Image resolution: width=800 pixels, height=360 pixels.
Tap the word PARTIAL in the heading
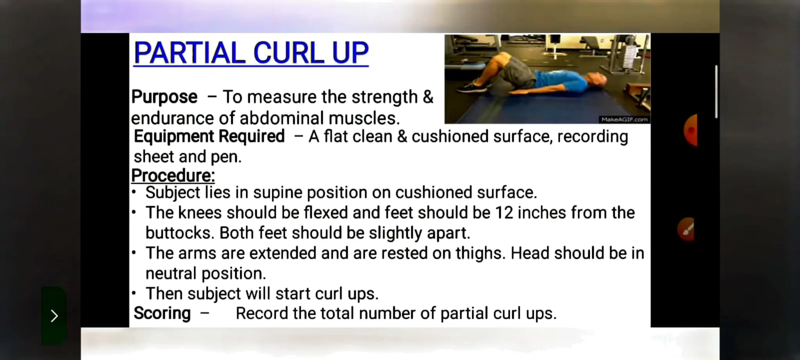click(x=189, y=53)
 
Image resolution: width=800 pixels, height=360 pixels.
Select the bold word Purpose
click(x=164, y=97)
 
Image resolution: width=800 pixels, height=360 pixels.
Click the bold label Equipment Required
click(x=209, y=137)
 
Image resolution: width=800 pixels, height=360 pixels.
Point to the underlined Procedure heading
click(x=173, y=176)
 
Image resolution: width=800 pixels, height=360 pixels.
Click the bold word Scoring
click(x=162, y=313)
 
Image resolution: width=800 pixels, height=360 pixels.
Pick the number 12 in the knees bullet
click(x=504, y=213)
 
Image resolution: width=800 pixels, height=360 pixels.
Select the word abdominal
click(x=281, y=118)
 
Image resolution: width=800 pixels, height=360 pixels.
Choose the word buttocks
click(x=180, y=233)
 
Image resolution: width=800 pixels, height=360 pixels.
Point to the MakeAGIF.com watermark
click(x=624, y=119)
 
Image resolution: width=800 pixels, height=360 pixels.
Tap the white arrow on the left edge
click(x=54, y=315)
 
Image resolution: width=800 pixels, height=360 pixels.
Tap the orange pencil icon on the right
click(x=687, y=230)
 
